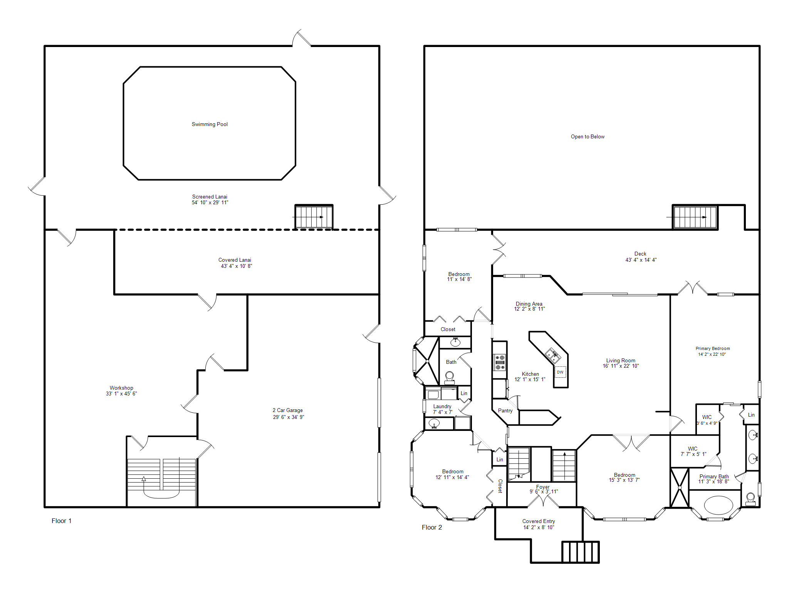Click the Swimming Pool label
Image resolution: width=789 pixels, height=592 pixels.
[x=210, y=124]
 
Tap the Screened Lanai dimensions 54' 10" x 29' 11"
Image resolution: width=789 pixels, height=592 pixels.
[x=210, y=202]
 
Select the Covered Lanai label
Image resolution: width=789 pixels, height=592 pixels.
[x=235, y=260]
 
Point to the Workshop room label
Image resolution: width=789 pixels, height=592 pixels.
[x=121, y=388]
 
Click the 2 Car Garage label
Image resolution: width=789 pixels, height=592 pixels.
[x=288, y=410]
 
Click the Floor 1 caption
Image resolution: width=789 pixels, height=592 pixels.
[x=62, y=521]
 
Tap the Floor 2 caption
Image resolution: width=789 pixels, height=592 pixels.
[x=432, y=527]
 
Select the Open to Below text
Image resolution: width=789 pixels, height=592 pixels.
[x=588, y=136]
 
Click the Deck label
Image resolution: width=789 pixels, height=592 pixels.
[x=640, y=254]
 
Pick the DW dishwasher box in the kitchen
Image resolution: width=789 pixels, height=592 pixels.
[x=560, y=372]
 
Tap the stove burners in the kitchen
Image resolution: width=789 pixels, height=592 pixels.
[x=500, y=362]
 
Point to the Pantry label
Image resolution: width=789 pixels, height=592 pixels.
[x=505, y=410]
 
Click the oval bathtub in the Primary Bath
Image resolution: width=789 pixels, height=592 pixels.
[x=718, y=505]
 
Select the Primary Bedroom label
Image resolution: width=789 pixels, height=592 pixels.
[x=713, y=348]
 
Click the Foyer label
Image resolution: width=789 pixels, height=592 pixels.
[x=543, y=487]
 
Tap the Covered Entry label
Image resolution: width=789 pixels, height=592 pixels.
[x=539, y=521]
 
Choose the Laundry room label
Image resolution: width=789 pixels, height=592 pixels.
[x=442, y=406]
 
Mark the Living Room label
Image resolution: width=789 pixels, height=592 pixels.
[x=621, y=360]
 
